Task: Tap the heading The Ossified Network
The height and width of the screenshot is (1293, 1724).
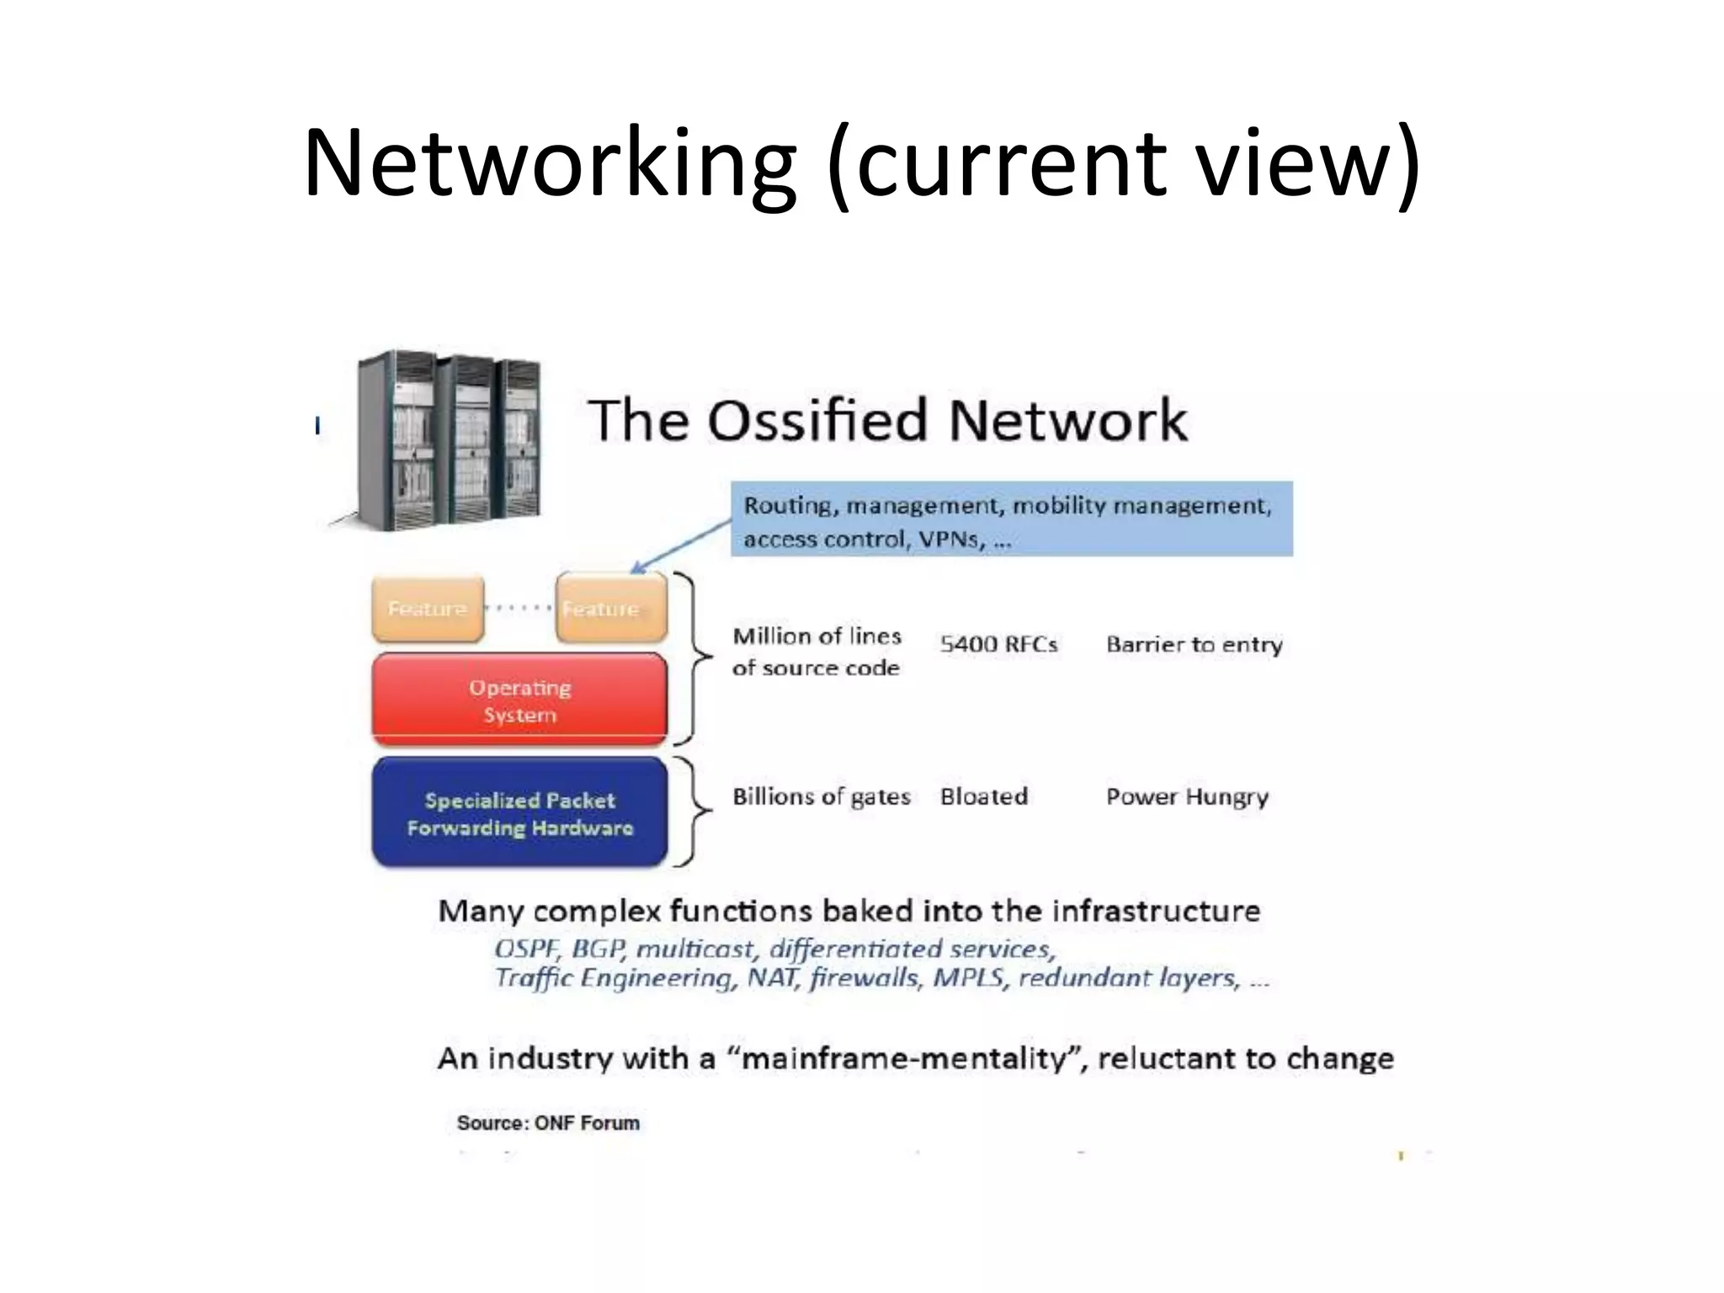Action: (887, 420)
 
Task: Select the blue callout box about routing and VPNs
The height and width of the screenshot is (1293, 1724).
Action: (1011, 519)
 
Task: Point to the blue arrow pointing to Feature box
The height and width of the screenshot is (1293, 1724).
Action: (680, 546)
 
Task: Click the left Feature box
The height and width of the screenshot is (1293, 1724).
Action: (428, 609)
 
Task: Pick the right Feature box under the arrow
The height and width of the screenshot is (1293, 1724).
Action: (611, 609)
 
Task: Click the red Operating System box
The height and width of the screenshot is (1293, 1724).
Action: (519, 700)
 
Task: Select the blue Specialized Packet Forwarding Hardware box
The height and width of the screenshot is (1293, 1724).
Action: (519, 813)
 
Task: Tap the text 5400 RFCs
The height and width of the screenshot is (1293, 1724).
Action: (998, 645)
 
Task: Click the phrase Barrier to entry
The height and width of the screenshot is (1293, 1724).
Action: (1194, 645)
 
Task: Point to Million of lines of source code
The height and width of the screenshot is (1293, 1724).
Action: (817, 652)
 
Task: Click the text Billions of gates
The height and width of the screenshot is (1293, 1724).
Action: (821, 796)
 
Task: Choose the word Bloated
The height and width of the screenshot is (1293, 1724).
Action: (984, 796)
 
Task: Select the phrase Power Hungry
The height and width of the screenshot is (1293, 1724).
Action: (1187, 796)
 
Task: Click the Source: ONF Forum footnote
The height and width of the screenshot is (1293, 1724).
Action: (548, 1123)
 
